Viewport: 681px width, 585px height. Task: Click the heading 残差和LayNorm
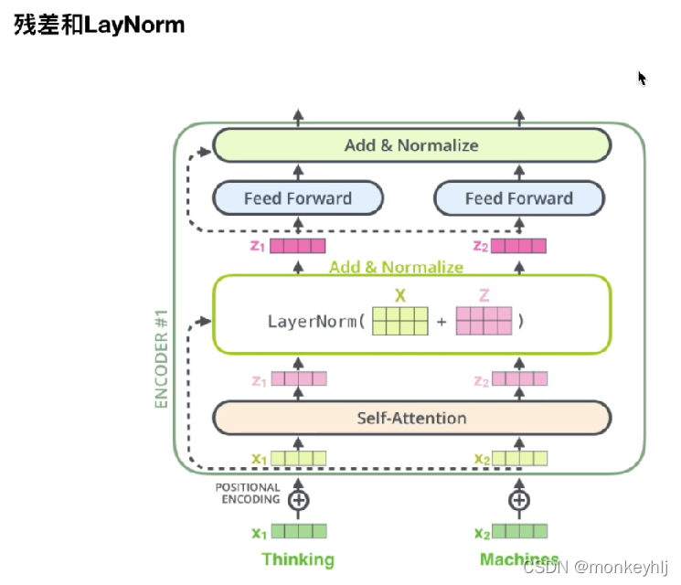(100, 25)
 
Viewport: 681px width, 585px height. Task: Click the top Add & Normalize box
(411, 145)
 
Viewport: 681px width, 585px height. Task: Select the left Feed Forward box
(298, 197)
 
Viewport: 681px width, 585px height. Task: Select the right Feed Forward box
(518, 197)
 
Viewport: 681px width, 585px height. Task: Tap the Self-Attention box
(411, 418)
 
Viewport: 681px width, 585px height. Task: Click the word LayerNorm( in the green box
(316, 322)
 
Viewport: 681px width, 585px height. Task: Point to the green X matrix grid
(399, 322)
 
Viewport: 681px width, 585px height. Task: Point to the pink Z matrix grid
(484, 322)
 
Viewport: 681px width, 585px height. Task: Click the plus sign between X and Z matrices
(442, 322)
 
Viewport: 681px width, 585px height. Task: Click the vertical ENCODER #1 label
(163, 358)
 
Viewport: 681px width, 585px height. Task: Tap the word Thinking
(298, 559)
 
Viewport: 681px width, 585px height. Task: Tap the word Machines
(518, 558)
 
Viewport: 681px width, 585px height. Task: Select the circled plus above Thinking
(298, 500)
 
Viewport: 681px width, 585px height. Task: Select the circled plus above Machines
(519, 500)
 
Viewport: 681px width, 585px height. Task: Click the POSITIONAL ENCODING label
(248, 494)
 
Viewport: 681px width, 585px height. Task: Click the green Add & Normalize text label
(396, 267)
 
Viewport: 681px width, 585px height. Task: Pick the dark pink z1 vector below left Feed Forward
(298, 246)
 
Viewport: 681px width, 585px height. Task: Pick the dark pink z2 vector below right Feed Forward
(519, 246)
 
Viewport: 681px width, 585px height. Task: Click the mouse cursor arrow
(642, 78)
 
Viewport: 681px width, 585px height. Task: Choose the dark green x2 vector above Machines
(519, 531)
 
